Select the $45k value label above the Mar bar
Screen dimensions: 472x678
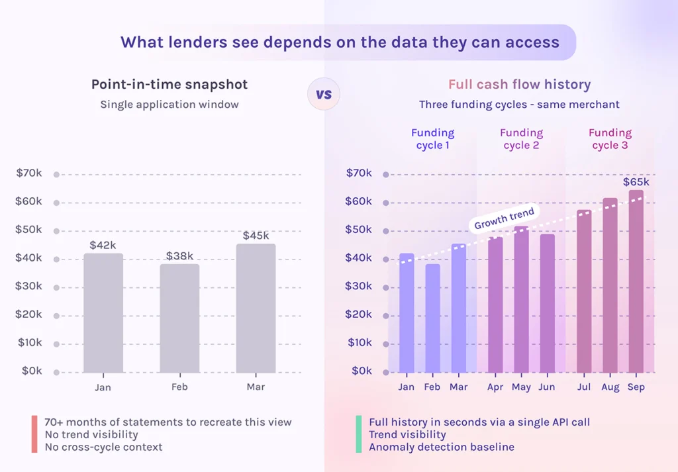256,236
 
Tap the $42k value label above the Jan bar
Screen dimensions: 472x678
103,245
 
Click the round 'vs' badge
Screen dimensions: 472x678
323,94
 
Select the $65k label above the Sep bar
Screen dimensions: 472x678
636,182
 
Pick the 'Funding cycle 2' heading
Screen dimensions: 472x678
521,139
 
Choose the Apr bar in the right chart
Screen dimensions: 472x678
495,305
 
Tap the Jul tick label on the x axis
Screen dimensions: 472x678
583,387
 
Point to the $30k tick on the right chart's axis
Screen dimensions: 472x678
358,286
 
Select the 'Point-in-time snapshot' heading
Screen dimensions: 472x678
169,85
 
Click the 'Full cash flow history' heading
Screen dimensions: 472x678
520,85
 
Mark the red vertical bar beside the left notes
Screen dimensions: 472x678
34,434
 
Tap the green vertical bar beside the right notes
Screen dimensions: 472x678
358,434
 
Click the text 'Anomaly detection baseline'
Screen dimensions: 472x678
442,448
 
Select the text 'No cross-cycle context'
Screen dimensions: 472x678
103,448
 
